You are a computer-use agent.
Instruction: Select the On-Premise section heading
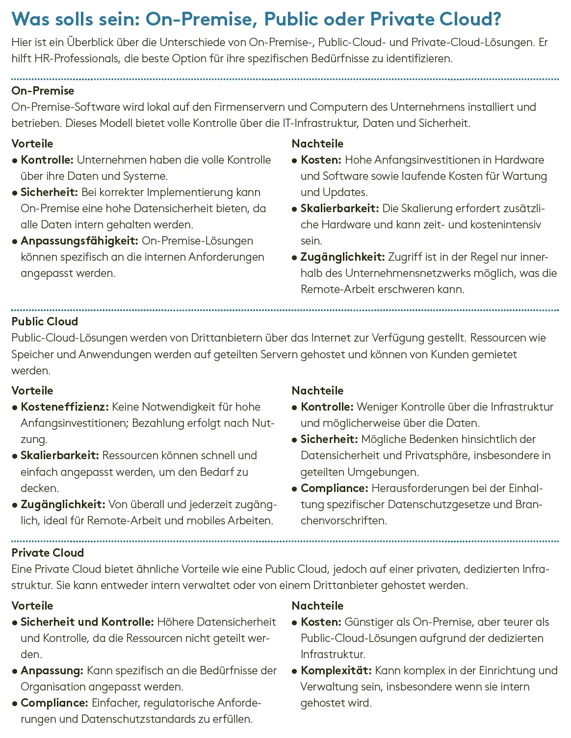[43, 91]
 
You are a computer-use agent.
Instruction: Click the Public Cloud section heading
[45, 321]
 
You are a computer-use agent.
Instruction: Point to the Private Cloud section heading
[48, 553]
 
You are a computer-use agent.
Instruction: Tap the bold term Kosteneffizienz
[65, 407]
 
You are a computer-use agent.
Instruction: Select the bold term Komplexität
[336, 670]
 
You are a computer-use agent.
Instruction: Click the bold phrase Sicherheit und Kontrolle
[87, 622]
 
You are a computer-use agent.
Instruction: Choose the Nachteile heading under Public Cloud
[317, 391]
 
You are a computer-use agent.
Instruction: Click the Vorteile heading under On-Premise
[32, 144]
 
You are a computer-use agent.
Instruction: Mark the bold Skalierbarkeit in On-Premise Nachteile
[339, 208]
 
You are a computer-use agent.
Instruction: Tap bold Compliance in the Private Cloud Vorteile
[54, 703]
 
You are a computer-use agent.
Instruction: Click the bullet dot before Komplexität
[294, 671]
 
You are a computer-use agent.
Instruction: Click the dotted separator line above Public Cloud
[285, 310]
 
